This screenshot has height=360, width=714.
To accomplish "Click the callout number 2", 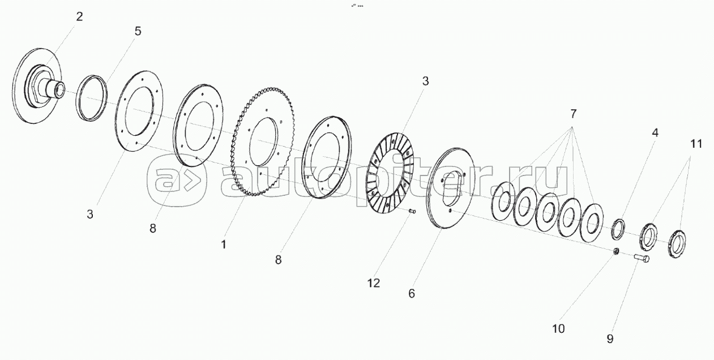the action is pyautogui.click(x=79, y=16).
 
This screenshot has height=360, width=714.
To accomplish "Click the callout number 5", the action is pyautogui.click(x=138, y=31).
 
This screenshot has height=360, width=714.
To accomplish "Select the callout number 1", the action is pyautogui.click(x=224, y=245).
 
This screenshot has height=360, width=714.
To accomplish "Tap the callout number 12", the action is pyautogui.click(x=373, y=283).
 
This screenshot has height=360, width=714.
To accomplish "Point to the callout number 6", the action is pyautogui.click(x=412, y=293).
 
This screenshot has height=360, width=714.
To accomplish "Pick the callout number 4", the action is pyautogui.click(x=655, y=134).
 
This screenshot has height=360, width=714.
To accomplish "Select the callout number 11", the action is pyautogui.click(x=696, y=144).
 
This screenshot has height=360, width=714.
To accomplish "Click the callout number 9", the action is pyautogui.click(x=610, y=338).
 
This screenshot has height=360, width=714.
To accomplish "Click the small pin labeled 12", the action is pyautogui.click(x=412, y=212).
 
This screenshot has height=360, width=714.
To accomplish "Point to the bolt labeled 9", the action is pyautogui.click(x=642, y=259).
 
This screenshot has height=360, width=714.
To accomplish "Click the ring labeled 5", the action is pyautogui.click(x=91, y=97).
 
